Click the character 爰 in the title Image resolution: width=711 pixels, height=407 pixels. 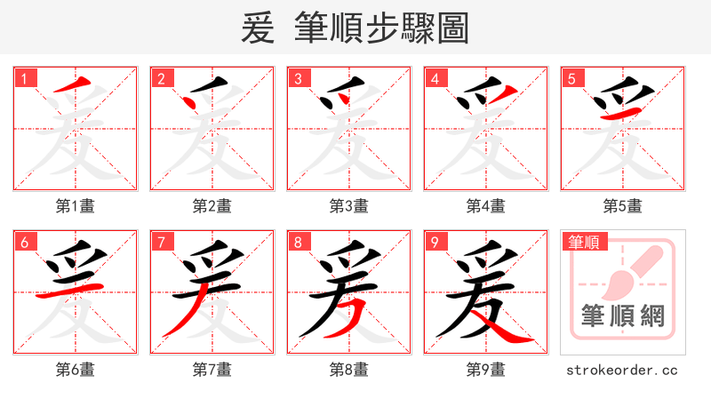click(x=259, y=28)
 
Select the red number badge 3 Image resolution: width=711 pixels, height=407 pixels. click(x=298, y=78)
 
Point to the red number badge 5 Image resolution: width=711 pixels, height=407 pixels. click(x=571, y=78)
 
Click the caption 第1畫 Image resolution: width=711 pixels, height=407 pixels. click(x=76, y=206)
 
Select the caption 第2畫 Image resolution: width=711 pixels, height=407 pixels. click(x=212, y=206)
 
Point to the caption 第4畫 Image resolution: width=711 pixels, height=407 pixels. click(x=486, y=206)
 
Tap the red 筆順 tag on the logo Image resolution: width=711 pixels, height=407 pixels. click(x=584, y=242)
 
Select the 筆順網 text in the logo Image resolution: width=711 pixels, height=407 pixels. click(x=623, y=315)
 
